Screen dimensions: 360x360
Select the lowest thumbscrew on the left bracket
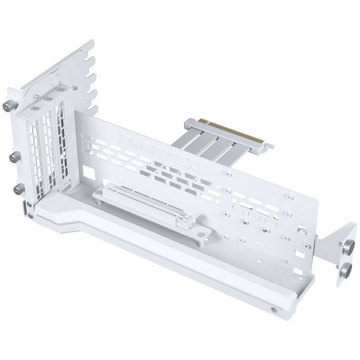tap(19, 190)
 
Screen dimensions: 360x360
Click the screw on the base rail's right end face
tap(273, 310)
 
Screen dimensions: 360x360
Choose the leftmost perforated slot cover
tap(33, 154)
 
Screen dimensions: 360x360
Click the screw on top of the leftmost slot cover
tap(34, 109)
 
